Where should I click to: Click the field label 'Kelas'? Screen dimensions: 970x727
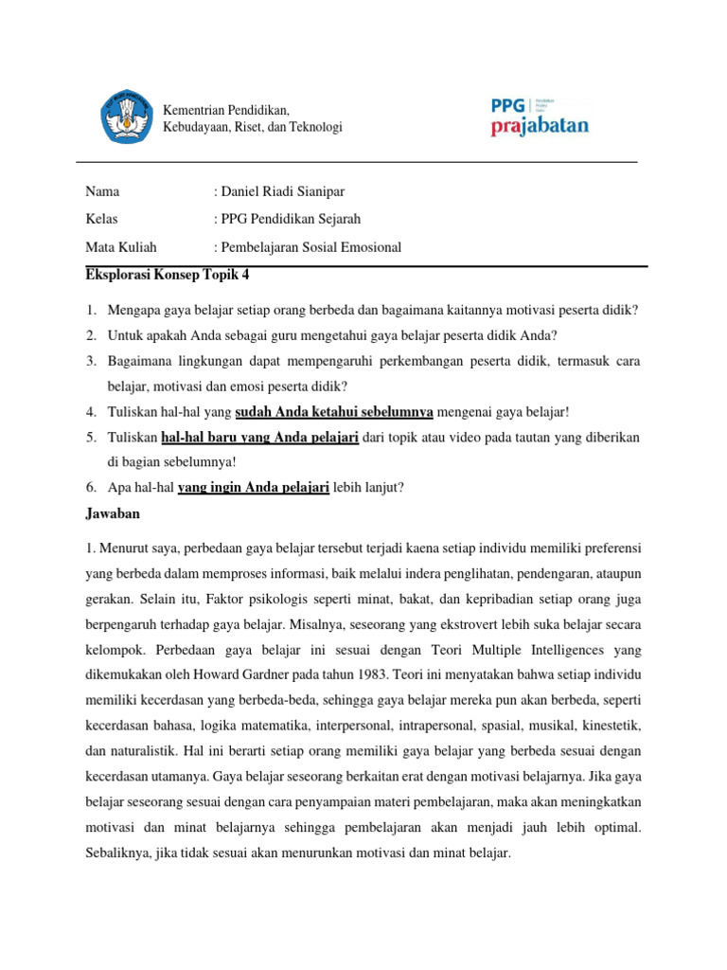(x=101, y=220)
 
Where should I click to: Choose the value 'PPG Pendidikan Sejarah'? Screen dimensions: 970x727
(x=291, y=220)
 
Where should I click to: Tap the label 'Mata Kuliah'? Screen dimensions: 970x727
(x=121, y=247)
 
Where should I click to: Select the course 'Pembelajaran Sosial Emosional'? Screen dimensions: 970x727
(x=311, y=247)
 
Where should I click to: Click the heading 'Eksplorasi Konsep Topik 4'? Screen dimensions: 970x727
(x=167, y=276)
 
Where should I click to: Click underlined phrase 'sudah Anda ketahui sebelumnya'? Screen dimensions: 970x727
(x=334, y=411)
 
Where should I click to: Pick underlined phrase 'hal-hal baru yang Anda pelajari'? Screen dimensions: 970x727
(x=259, y=437)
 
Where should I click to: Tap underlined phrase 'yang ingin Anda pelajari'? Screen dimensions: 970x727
(x=253, y=488)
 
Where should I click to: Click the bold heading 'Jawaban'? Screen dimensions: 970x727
(x=112, y=513)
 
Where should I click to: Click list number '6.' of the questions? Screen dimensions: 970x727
(x=91, y=488)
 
